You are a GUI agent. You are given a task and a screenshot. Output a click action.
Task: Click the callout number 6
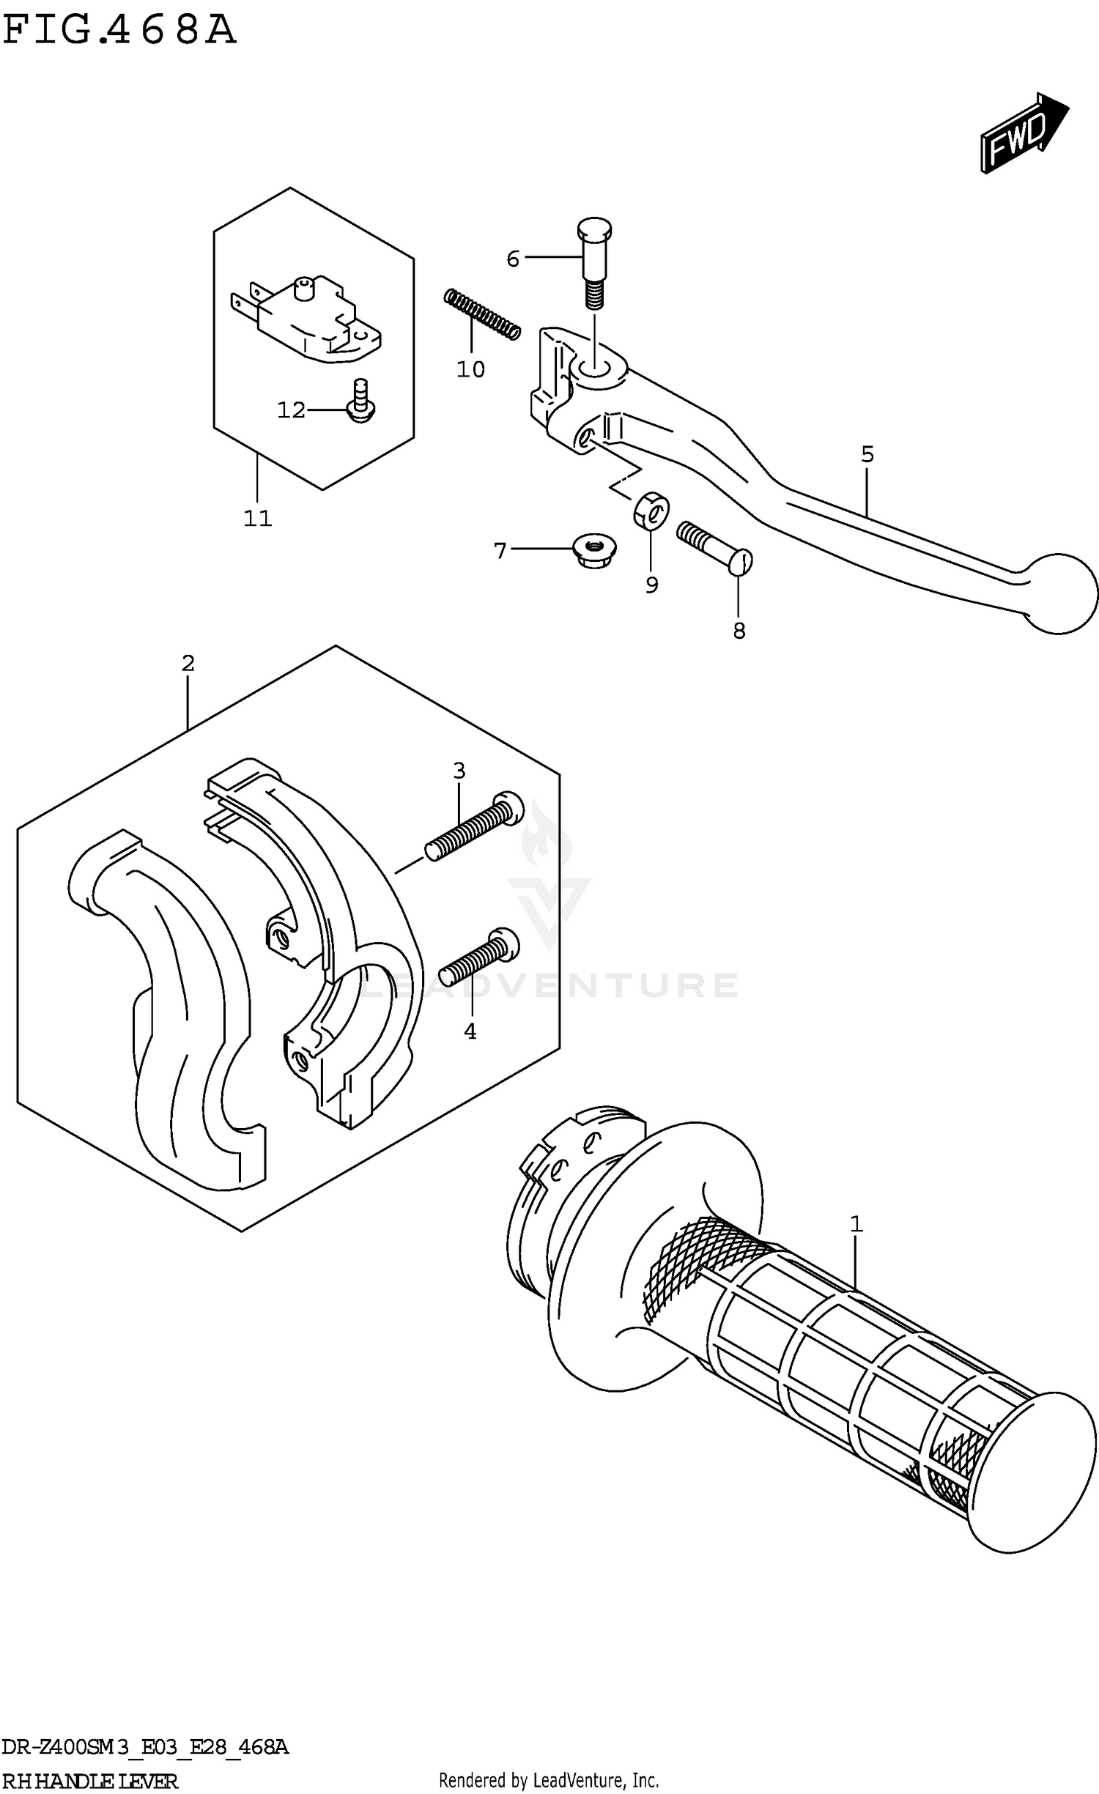pyautogui.click(x=513, y=259)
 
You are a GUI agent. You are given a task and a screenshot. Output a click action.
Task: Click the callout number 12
pyautogui.click(x=291, y=410)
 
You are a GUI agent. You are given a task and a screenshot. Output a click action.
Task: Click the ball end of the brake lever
pyautogui.click(x=1059, y=593)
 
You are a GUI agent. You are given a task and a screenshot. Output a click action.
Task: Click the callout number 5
pyautogui.click(x=867, y=454)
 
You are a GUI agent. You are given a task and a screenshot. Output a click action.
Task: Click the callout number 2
pyautogui.click(x=188, y=663)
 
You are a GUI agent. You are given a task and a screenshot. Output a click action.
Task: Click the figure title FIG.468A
pyautogui.click(x=119, y=31)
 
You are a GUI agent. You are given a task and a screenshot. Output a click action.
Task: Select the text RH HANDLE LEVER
pyautogui.click(x=90, y=1780)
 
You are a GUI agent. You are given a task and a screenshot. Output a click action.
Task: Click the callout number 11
pyautogui.click(x=257, y=519)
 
